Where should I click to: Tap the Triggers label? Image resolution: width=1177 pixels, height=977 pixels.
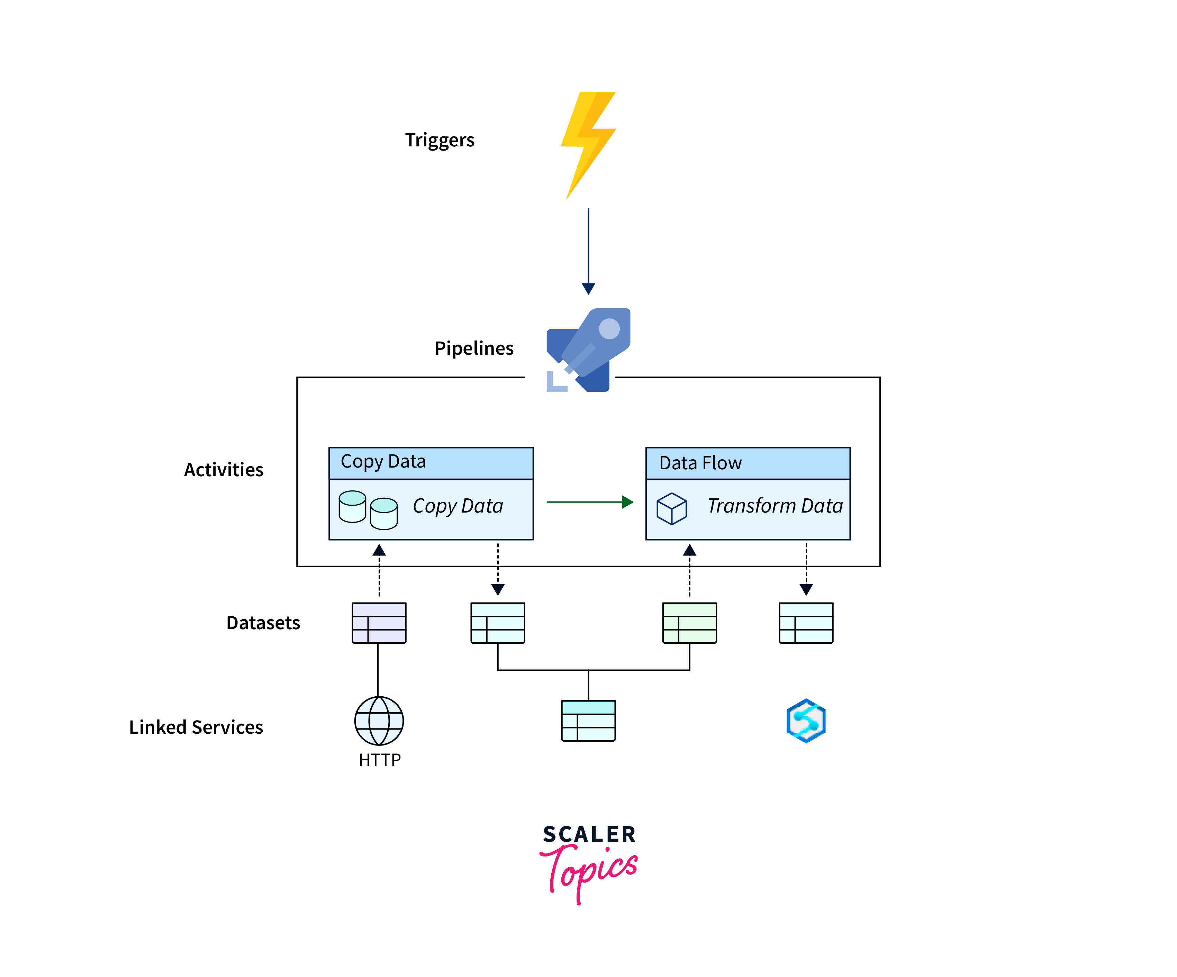pos(440,140)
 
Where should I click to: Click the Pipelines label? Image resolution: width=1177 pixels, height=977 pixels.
pos(473,348)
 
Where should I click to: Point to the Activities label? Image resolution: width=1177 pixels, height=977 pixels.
pos(224,470)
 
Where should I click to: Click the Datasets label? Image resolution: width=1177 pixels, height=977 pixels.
pos(263,623)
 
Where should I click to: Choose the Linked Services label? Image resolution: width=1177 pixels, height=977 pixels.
pos(196,727)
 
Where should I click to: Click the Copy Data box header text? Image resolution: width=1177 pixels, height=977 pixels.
pos(383,461)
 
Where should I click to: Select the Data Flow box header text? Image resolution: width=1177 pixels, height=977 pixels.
pos(700,463)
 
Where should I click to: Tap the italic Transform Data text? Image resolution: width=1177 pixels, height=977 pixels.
pos(775,506)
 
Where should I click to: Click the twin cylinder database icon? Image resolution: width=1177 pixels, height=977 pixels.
pos(368,509)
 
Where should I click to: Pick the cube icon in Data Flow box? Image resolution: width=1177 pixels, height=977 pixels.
pos(671,508)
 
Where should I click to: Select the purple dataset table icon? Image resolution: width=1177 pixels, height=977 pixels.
pos(379,623)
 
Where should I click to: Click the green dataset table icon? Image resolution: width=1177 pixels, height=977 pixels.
pos(689,623)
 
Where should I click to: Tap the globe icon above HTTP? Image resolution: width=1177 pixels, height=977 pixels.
pos(379,721)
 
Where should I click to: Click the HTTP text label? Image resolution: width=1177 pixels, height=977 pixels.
pos(379,760)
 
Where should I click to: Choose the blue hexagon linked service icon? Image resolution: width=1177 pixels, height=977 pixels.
pos(806,721)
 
